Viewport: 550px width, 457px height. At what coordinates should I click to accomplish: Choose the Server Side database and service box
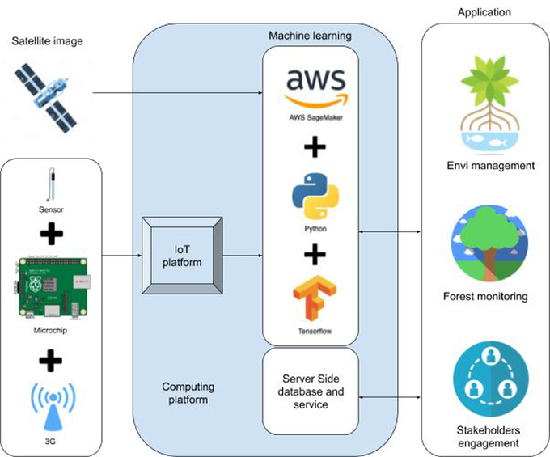(x=311, y=391)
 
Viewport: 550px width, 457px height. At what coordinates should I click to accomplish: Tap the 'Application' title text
(x=484, y=11)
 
